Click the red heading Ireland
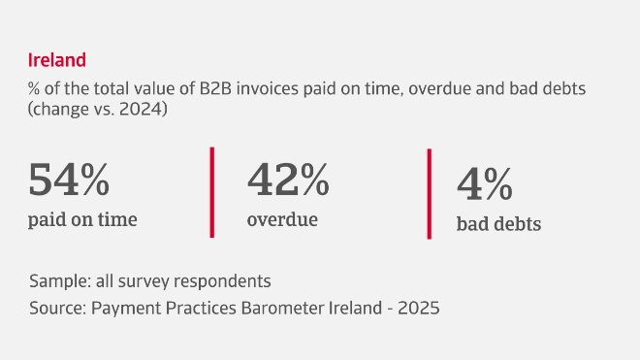57,60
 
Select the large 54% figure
69,180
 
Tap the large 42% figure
288,180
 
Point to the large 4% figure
485,185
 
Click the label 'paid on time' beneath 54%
83,219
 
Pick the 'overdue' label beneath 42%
282,219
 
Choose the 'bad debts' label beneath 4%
498,224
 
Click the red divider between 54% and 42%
211,191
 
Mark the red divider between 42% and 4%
429,193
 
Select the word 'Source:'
58,308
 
